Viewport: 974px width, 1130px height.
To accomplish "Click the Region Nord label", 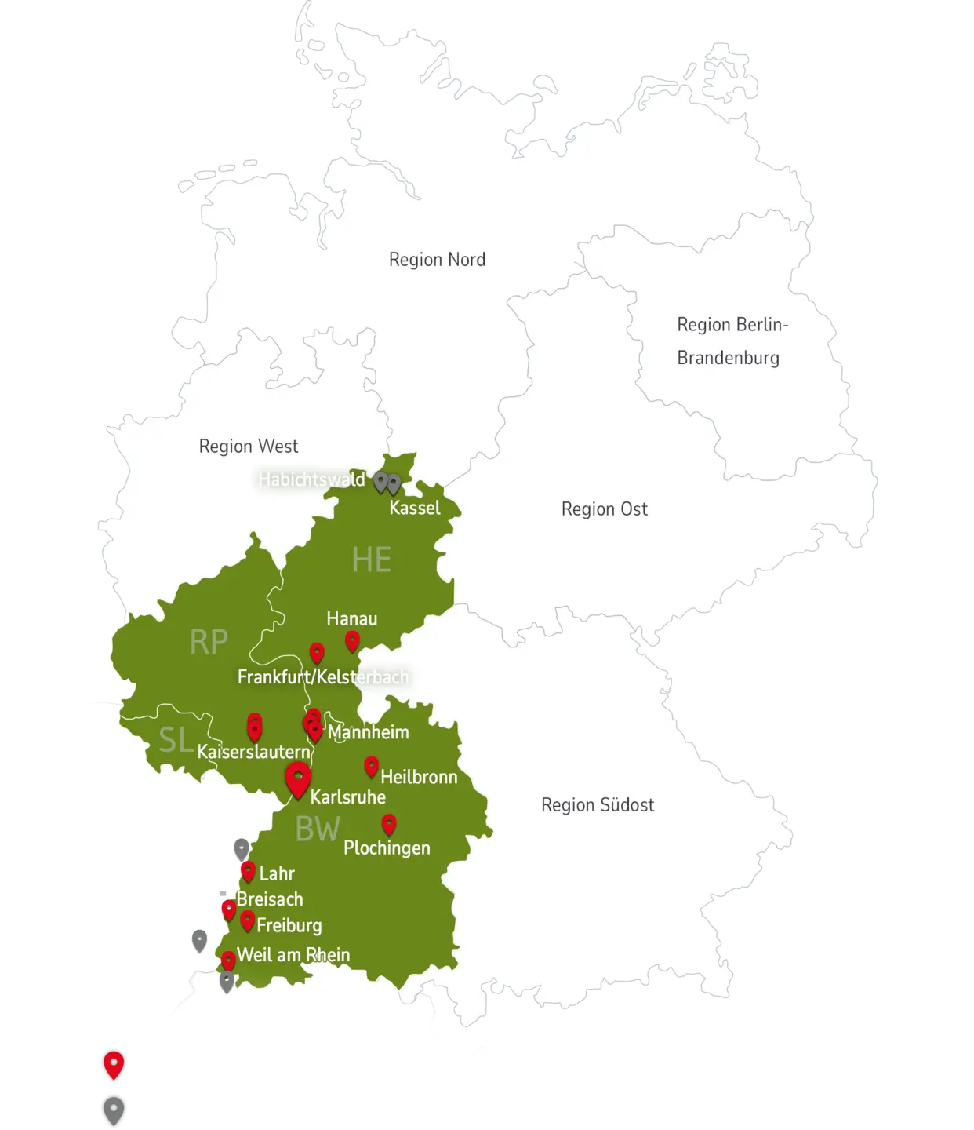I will (x=437, y=260).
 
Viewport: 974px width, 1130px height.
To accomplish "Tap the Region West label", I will (x=249, y=447).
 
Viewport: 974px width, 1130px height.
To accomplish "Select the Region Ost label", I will (x=604, y=509).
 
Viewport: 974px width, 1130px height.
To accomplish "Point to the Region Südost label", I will (x=598, y=805).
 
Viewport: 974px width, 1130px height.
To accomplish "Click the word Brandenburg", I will (x=728, y=359).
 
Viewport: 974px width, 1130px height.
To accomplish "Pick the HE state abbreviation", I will (x=371, y=560).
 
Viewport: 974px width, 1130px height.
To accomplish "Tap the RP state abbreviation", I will (x=209, y=643).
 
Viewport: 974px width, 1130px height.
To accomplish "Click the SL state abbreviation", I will (x=176, y=740).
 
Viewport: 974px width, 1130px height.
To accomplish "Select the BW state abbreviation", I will (x=318, y=829).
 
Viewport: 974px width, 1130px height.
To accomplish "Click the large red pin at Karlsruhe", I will (x=298, y=778).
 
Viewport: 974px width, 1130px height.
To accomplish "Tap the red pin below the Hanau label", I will (x=353, y=641).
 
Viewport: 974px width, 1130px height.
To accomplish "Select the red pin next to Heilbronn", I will (x=372, y=766).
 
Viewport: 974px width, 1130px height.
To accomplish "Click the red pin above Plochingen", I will (x=389, y=824).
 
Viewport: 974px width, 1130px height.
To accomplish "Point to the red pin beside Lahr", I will (x=248, y=871).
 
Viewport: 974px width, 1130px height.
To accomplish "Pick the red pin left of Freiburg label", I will (x=248, y=920).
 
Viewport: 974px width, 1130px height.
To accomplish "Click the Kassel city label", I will (x=415, y=508).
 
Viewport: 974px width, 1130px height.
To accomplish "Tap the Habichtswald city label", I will (x=312, y=479).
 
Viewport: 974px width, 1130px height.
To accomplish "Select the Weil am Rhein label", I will (x=293, y=955).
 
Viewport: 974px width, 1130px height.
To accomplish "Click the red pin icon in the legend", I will (x=114, y=1065).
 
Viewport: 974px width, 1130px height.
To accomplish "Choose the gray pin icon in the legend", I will (x=114, y=1110).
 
